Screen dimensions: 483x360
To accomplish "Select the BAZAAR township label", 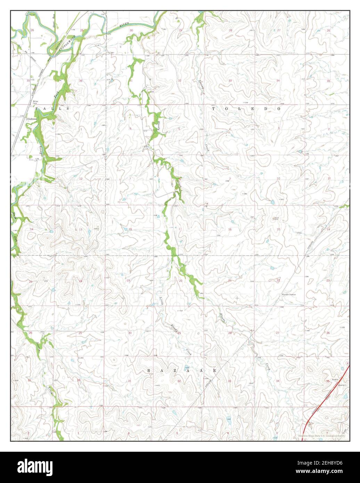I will (x=181, y=371).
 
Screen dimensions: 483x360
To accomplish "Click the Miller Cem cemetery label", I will (x=35, y=103).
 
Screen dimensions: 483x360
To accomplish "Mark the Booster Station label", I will (x=288, y=295).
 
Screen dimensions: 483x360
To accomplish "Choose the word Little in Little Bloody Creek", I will (x=161, y=302).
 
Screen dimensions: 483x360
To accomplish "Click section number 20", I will (x=180, y=280).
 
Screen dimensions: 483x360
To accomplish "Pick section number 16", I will (x=230, y=229).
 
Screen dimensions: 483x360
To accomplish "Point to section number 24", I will (x=81, y=281).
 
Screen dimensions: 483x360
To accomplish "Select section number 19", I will (x=128, y=280).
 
